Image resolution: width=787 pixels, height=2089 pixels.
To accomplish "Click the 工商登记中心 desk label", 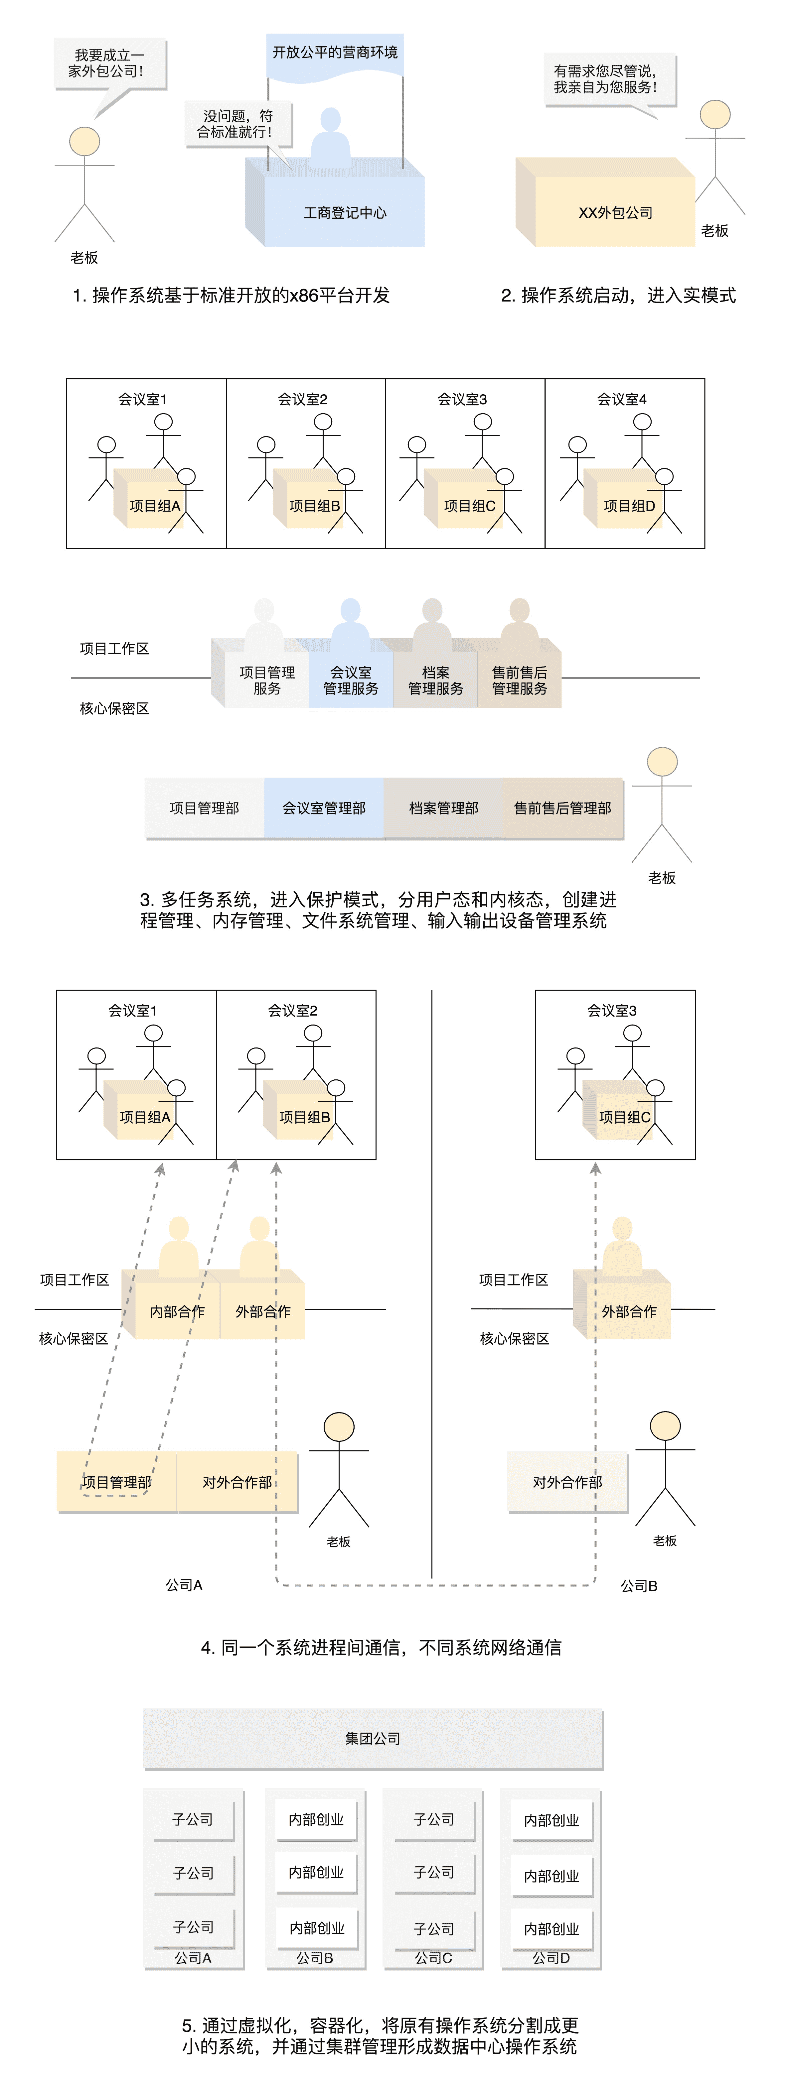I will (x=345, y=212).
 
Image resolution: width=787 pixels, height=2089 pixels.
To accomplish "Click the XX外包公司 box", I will (x=615, y=212).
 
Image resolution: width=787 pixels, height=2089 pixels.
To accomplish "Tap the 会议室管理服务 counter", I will (x=351, y=680).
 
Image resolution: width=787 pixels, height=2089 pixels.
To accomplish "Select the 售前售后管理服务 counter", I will (x=519, y=680).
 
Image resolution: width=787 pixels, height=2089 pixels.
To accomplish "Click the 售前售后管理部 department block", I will (x=562, y=808).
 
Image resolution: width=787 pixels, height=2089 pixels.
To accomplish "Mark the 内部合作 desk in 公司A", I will (x=177, y=1311).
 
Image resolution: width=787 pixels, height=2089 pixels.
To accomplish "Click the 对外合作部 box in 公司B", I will (x=567, y=1482).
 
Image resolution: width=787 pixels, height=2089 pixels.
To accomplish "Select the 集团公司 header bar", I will (x=373, y=1738).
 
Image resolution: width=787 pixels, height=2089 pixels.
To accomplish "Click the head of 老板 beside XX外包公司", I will (x=715, y=114).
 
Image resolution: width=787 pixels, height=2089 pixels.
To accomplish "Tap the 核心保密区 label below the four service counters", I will (x=114, y=708).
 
